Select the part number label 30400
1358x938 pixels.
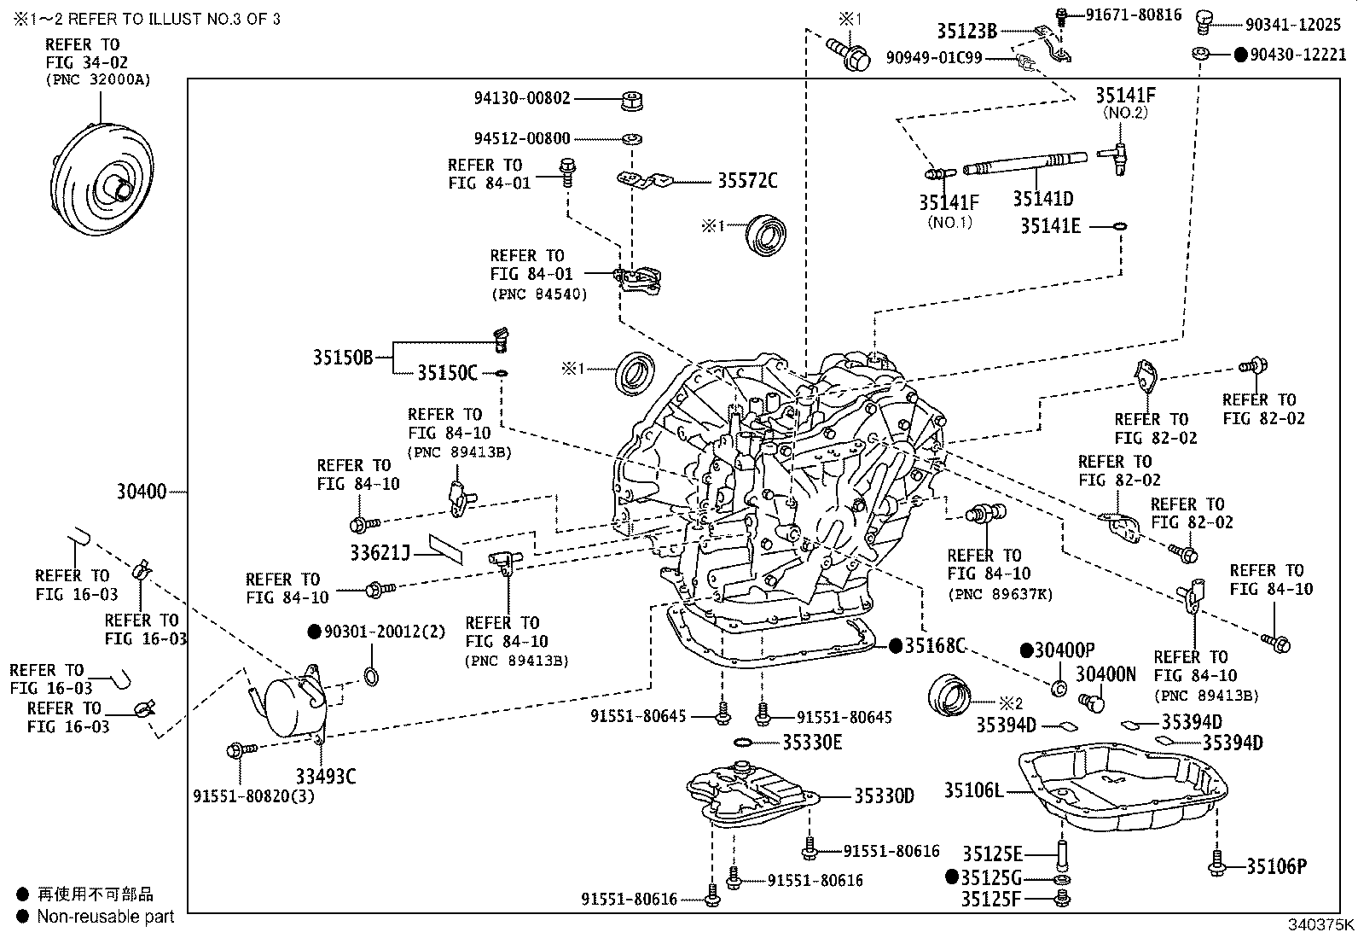pyautogui.click(x=141, y=492)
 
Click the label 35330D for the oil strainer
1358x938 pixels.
pyautogui.click(x=885, y=796)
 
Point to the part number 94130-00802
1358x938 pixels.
pyautogui.click(x=521, y=98)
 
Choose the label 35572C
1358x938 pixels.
pyautogui.click(x=746, y=181)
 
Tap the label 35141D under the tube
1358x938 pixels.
pyautogui.click(x=1042, y=199)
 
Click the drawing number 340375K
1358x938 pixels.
pyautogui.click(x=1320, y=926)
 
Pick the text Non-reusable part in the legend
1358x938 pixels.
pyautogui.click(x=105, y=917)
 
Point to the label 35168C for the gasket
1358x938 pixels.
pyautogui.click(x=934, y=646)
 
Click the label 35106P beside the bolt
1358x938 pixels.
pyautogui.click(x=1276, y=867)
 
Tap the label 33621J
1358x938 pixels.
pyautogui.click(x=380, y=552)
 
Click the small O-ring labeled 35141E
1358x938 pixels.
pyautogui.click(x=1120, y=227)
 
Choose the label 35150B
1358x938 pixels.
pyautogui.click(x=342, y=358)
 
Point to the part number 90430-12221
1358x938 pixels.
pyautogui.click(x=1297, y=55)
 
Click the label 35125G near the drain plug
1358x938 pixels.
pyautogui.click(x=991, y=878)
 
